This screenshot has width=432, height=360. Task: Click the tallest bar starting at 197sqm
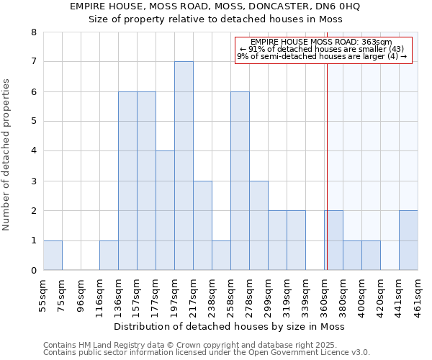click(184, 166)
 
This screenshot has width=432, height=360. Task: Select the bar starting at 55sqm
click(53, 256)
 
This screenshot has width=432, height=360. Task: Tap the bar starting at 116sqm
click(109, 256)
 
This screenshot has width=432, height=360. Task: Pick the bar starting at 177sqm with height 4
click(165, 210)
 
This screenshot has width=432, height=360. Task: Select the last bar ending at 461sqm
click(408, 240)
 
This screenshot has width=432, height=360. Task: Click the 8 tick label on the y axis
click(33, 32)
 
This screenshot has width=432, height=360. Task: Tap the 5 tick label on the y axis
click(33, 122)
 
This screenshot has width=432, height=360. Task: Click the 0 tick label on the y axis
click(33, 271)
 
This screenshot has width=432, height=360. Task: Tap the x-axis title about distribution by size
click(230, 326)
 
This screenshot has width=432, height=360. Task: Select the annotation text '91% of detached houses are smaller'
click(322, 49)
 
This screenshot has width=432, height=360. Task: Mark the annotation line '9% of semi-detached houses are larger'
click(322, 56)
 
